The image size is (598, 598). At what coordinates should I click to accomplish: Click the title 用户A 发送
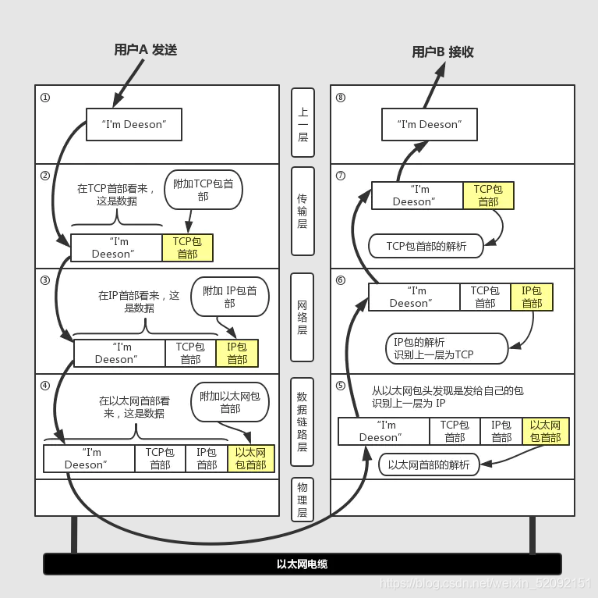[x=146, y=50]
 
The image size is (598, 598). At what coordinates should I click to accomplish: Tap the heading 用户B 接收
[x=443, y=52]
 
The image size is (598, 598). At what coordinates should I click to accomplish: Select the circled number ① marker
[x=45, y=98]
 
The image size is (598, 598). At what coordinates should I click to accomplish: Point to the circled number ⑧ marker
[x=340, y=98]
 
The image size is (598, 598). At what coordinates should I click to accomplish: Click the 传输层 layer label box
[x=303, y=212]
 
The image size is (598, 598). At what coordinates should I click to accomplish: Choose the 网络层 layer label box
[x=303, y=318]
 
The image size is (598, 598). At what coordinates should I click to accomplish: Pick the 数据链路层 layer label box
[x=303, y=422]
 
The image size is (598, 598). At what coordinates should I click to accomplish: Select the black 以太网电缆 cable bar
[x=302, y=564]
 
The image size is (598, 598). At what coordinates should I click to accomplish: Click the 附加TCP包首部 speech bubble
[x=203, y=190]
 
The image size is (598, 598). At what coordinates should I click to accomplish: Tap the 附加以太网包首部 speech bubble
[x=230, y=402]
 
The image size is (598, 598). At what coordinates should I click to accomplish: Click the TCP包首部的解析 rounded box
[x=426, y=246]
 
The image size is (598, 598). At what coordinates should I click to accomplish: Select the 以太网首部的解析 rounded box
[x=429, y=465]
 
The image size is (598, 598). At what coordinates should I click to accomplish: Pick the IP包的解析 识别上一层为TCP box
[x=445, y=348]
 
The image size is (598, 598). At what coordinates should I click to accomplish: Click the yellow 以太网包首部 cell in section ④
[x=250, y=458]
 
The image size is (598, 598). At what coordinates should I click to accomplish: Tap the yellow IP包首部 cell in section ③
[x=237, y=353]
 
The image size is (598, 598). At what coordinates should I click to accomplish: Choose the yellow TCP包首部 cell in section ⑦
[x=488, y=195]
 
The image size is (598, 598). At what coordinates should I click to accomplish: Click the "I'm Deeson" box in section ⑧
[x=428, y=124]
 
